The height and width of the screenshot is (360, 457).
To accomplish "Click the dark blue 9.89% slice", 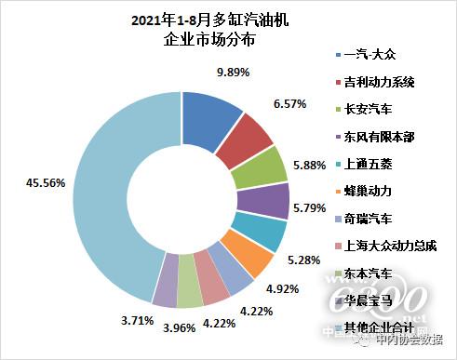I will click(x=208, y=102).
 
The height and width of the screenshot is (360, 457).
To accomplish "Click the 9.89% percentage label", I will click(x=234, y=72).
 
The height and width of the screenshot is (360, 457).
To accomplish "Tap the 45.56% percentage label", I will click(x=42, y=184).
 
